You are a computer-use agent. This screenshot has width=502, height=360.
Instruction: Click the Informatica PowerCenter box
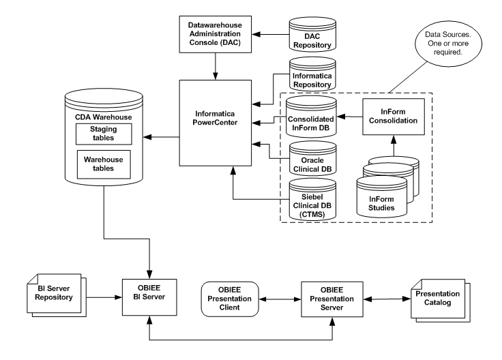point(216,123)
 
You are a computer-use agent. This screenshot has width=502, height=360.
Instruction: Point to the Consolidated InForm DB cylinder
point(311,112)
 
